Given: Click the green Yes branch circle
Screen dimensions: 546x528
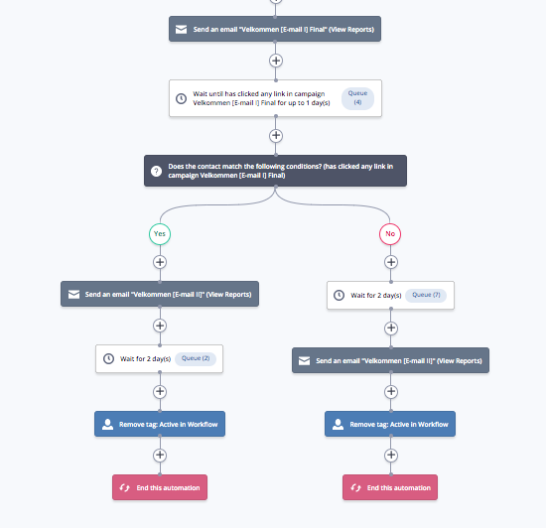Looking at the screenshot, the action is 160,234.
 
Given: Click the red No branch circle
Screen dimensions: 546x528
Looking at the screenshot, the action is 390,234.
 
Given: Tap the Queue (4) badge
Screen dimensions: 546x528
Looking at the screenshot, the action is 357,98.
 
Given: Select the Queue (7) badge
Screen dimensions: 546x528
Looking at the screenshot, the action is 426,295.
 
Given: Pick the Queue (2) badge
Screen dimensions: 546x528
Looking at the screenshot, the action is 196,358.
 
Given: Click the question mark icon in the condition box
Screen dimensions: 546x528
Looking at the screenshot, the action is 156,171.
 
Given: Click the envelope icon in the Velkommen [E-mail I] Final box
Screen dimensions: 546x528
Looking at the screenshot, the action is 181,29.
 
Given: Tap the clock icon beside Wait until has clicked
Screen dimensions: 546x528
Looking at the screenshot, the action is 181,98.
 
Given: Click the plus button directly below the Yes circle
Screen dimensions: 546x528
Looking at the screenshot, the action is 160,262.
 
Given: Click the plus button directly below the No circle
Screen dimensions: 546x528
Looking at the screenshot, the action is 391,262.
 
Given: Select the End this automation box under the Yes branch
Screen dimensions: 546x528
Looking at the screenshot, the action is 160,487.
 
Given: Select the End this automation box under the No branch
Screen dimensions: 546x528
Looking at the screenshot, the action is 390,487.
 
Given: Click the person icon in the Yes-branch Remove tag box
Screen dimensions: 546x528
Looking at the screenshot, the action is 107,424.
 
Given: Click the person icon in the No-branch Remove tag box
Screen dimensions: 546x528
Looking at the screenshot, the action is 338,424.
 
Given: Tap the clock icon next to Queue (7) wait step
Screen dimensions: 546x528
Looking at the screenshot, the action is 339,295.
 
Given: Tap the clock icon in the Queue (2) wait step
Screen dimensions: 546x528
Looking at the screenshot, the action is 108,358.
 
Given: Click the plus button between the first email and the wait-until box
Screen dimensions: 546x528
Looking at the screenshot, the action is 276,61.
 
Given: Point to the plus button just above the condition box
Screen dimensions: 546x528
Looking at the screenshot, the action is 276,135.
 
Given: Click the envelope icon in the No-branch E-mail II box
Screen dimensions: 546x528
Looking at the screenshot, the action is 304,360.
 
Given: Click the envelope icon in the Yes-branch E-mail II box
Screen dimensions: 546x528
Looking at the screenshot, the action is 73,295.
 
